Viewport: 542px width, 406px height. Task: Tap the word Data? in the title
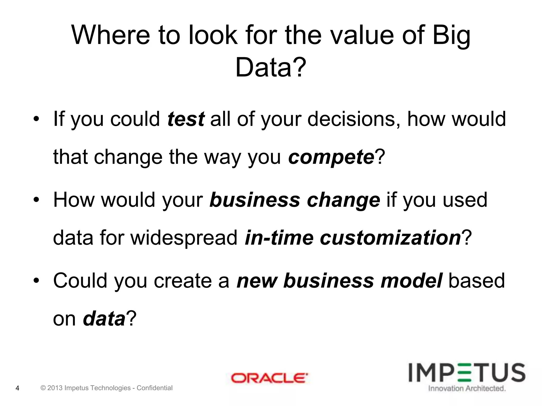(x=270, y=67)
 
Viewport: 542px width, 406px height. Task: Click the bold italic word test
(x=186, y=119)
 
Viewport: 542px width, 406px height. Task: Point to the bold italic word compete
(x=331, y=157)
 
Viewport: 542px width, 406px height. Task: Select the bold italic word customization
(x=390, y=238)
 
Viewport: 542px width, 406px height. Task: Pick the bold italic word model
(x=411, y=280)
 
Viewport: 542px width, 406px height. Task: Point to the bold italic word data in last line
(x=104, y=319)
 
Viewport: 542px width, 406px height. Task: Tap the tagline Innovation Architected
(x=467, y=388)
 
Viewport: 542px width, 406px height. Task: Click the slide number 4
(x=17, y=388)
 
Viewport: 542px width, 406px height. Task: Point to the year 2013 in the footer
(x=55, y=388)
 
